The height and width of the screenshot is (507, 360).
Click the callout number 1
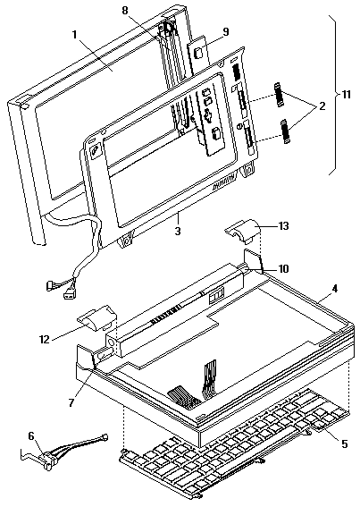pos(75,34)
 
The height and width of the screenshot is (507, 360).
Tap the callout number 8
pos(125,11)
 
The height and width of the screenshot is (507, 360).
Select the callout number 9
pos(226,31)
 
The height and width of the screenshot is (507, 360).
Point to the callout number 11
pos(346,95)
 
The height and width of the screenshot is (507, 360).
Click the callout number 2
pos(322,106)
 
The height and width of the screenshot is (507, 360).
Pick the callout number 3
pos(178,232)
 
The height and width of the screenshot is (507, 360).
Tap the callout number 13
pos(283,226)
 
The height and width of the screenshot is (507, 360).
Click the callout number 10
pos(283,268)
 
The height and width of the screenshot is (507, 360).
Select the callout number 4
pos(335,289)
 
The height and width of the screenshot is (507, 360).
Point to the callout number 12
pos(45,340)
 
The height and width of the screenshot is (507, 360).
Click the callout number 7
pos(71,401)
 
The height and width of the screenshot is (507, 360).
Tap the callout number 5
pos(345,444)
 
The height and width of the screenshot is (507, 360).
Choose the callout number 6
pos(31,436)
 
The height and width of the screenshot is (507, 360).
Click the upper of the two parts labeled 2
pos(278,95)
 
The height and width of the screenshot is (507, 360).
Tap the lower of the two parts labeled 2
pos(285,131)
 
